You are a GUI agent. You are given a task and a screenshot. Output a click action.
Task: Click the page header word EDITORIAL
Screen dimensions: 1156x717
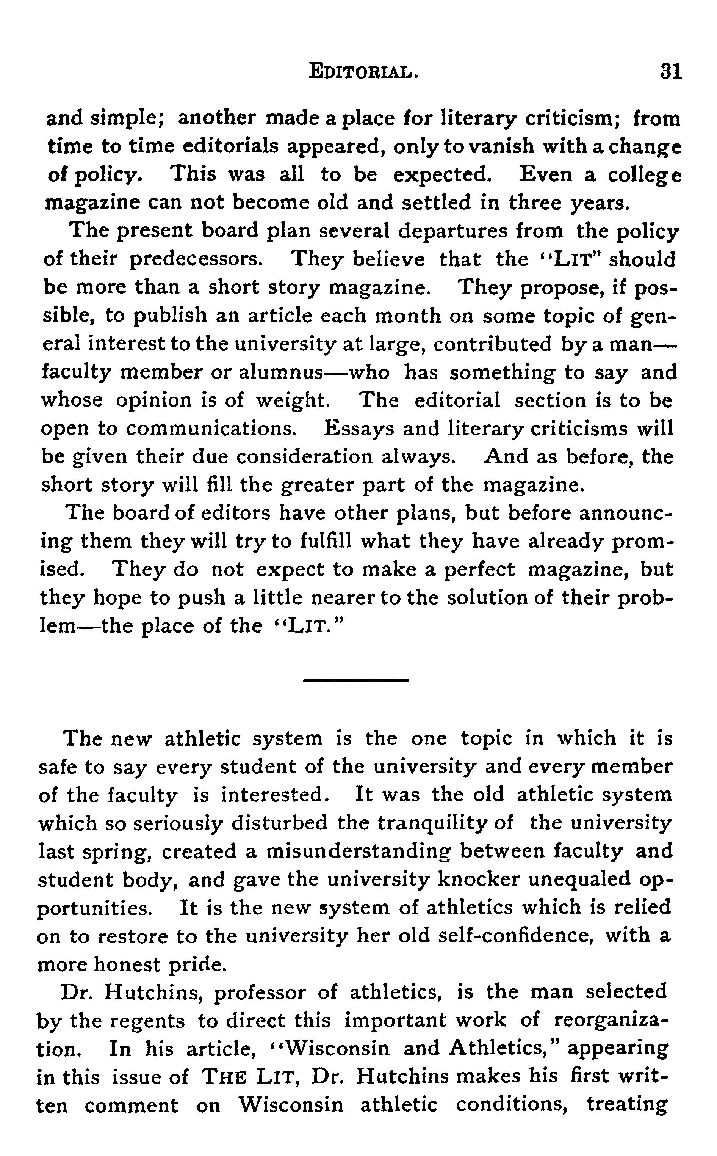click(x=363, y=72)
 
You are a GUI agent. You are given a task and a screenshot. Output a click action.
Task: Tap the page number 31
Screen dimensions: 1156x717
click(x=670, y=72)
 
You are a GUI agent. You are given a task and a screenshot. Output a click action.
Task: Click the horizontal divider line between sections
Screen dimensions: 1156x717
click(x=355, y=680)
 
